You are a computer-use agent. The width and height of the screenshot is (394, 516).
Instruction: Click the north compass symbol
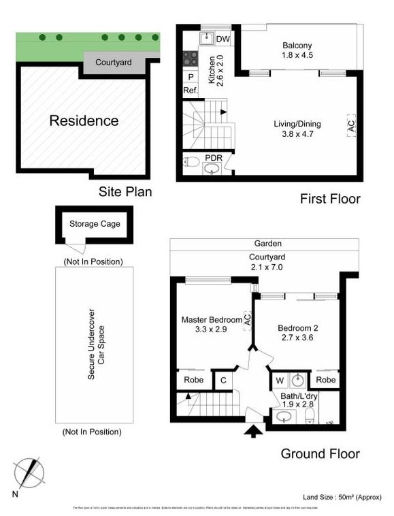28,472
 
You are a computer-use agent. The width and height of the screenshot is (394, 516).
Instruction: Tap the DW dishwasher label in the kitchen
223,39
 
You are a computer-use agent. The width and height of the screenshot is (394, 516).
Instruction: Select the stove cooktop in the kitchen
190,59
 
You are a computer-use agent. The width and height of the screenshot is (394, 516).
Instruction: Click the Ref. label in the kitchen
191,91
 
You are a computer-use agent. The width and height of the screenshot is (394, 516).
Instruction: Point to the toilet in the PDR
192,162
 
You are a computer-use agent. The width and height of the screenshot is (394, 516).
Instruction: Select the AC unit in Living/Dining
351,126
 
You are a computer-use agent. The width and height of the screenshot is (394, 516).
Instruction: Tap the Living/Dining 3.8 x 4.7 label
297,129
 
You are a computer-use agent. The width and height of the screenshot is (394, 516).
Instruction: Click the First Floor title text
330,199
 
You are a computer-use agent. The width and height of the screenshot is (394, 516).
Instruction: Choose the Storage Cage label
94,223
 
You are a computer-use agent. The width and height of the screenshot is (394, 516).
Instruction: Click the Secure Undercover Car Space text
95,346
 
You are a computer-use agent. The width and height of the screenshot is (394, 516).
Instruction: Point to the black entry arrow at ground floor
252,430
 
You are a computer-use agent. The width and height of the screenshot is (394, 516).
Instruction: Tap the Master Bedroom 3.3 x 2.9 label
212,324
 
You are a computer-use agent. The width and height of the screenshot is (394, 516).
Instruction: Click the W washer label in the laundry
280,381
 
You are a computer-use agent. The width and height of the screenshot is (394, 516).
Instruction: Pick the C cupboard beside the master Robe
223,381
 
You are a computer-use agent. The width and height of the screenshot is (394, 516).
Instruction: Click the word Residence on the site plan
84,121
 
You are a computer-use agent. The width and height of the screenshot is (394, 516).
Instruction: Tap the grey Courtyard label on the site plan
113,62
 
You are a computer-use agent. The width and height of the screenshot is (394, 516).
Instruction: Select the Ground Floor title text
320,453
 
